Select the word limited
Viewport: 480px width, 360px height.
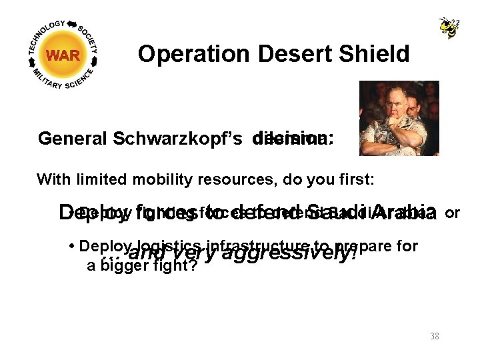[114, 179]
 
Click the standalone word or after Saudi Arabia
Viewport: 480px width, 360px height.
[453, 213]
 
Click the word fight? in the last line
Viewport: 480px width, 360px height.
[166, 266]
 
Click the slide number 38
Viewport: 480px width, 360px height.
[435, 336]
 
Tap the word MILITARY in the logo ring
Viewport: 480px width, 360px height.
[40, 75]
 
